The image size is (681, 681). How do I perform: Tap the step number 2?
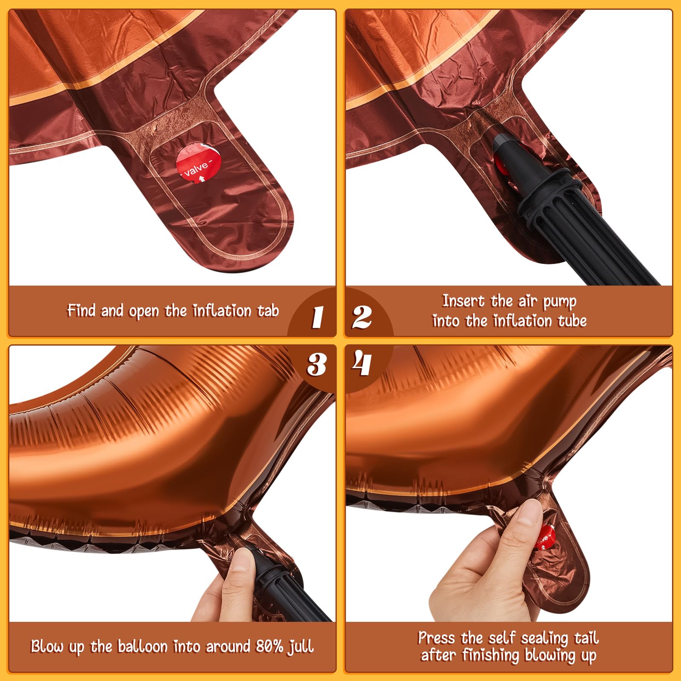pyautogui.click(x=362, y=317)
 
